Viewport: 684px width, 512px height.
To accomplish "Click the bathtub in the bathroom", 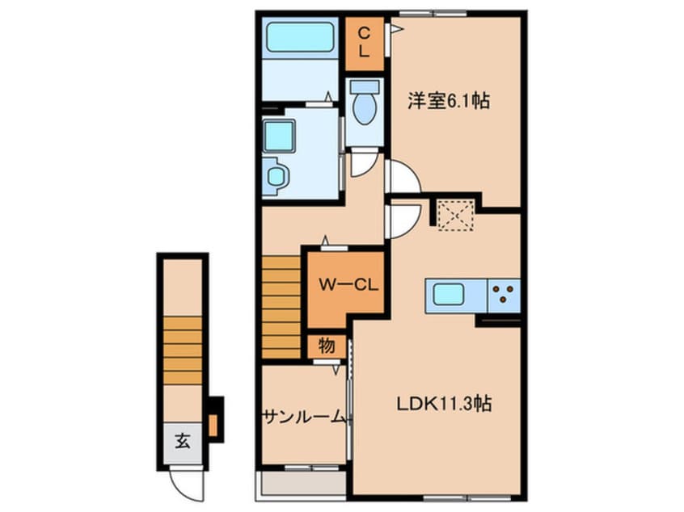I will [x=300, y=37].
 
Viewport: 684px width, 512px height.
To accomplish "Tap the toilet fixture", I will [x=365, y=107].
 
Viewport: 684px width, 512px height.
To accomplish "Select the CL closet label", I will [x=365, y=42].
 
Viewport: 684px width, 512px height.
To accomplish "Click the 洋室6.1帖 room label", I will [x=449, y=102].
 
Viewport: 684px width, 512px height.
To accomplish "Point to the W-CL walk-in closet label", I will [x=344, y=285].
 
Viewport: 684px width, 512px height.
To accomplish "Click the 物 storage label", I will [x=327, y=346].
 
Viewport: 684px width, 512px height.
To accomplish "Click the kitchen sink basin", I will [x=448, y=295].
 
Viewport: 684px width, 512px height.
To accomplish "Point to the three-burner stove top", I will [x=505, y=295].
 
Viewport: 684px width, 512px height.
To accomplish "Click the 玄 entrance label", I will [x=182, y=442].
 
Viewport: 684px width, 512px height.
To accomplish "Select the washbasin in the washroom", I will [x=275, y=176].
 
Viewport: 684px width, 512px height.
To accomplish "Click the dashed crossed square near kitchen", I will [x=454, y=214].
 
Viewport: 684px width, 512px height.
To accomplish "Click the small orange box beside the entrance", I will [x=213, y=424].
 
